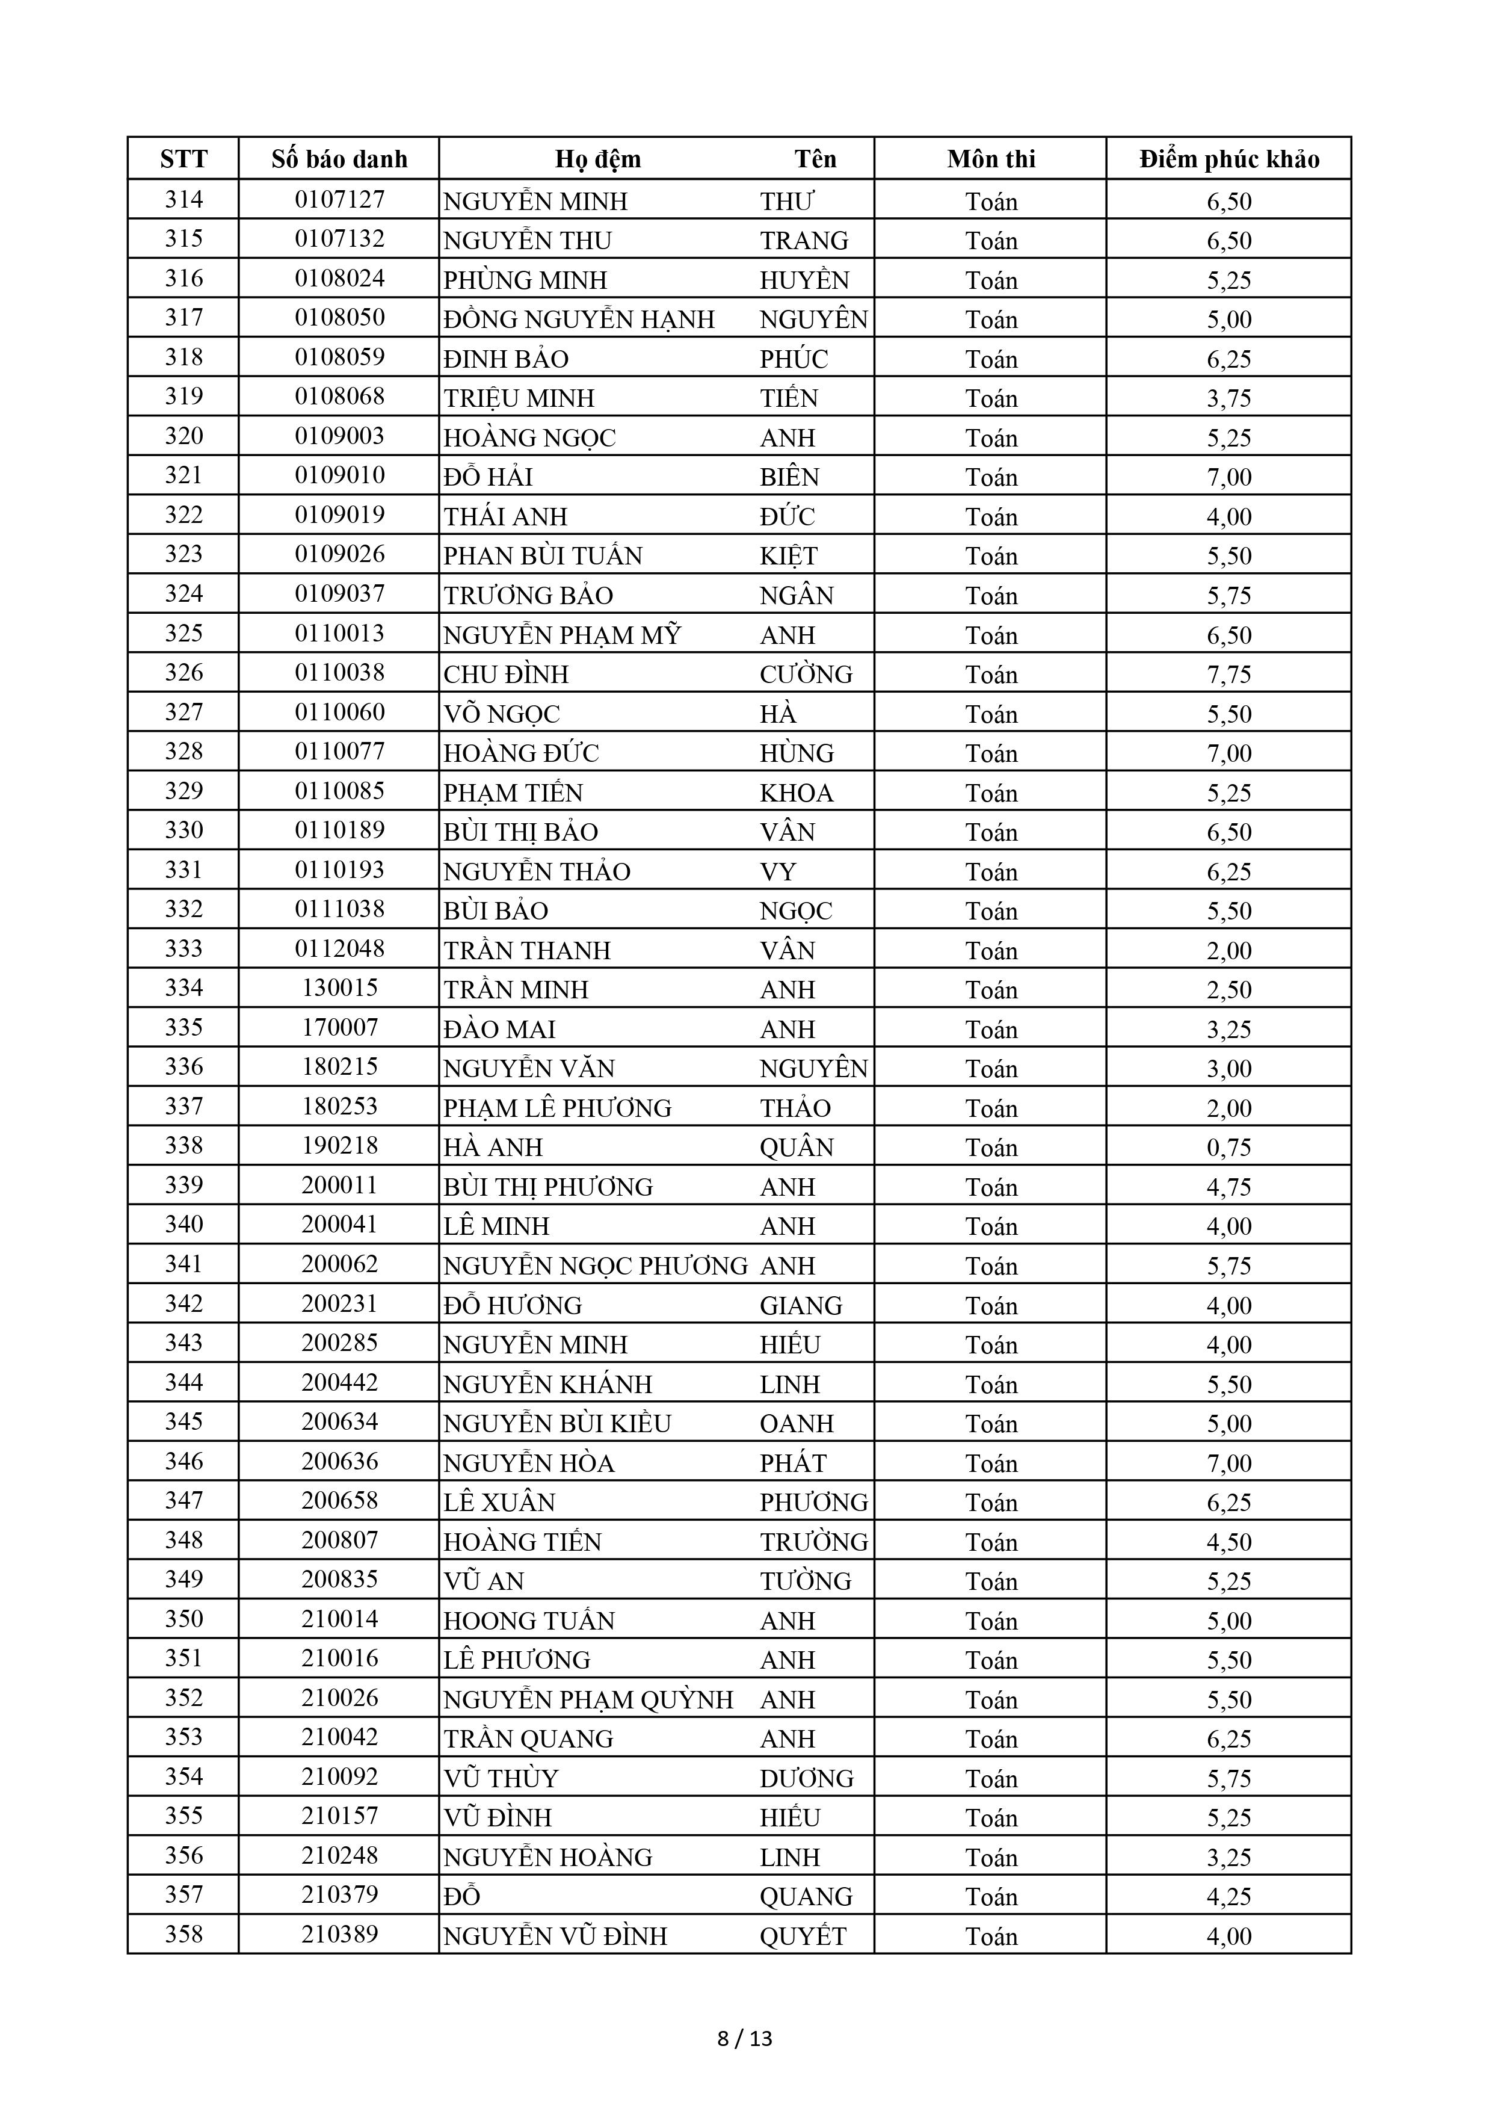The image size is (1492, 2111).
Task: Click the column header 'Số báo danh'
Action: pos(339,159)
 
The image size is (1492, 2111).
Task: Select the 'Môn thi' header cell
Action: pos(990,159)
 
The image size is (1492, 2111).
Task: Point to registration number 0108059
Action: pos(339,357)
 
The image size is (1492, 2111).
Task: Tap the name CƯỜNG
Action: pos(806,674)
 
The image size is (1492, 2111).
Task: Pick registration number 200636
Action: pos(339,1462)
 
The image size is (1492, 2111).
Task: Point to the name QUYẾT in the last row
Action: pos(803,1936)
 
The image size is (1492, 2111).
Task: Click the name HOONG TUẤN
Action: pos(529,1621)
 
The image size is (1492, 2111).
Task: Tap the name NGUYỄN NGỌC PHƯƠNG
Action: pos(595,1266)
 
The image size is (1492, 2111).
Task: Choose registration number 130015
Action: pos(339,988)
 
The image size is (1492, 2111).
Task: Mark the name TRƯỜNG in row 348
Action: pos(813,1542)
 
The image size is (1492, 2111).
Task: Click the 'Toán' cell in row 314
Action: pos(990,200)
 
